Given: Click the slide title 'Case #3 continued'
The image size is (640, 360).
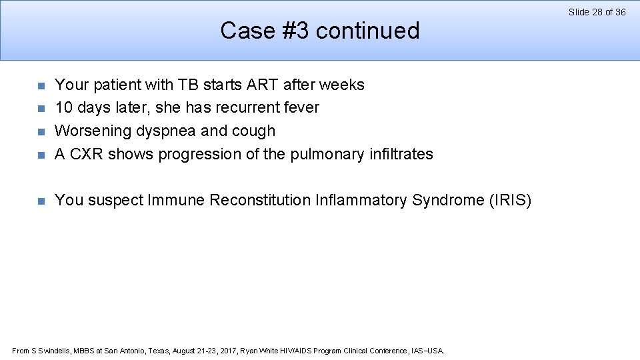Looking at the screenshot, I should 320,31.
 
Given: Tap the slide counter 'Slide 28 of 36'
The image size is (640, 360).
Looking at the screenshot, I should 597,12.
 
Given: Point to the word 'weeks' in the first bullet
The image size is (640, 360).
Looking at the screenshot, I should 341,85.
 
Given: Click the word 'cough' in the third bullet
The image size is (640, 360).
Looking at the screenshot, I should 253,131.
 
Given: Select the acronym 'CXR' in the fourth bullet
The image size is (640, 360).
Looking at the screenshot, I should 87,154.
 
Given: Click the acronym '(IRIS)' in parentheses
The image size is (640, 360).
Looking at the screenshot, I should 509,200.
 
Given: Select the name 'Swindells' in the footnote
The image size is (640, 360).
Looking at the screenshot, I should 53,351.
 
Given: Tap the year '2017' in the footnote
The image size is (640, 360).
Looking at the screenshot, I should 227,351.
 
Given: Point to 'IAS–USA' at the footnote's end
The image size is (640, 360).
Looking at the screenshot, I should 429,351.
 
